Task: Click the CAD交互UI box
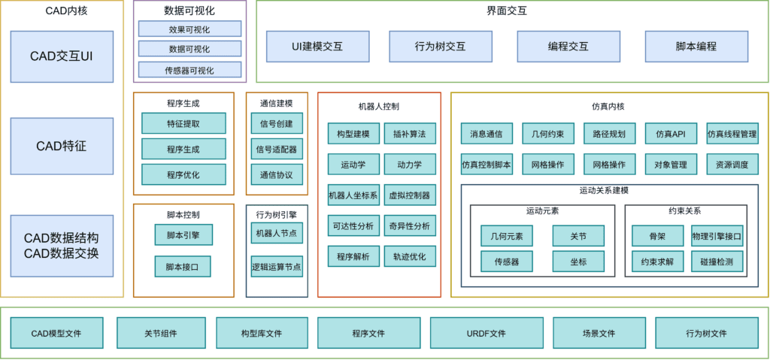point(62,56)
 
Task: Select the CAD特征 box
point(62,146)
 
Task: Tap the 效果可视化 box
point(189,29)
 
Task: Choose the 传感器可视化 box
point(189,70)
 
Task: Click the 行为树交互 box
point(440,47)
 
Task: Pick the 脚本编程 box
point(696,47)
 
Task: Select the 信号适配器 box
point(277,149)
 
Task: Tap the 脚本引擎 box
point(183,234)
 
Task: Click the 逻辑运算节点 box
point(277,266)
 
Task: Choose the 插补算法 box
point(409,134)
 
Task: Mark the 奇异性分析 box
point(409,225)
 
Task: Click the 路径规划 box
point(609,134)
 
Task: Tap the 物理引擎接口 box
point(717,236)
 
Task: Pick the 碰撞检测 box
point(717,262)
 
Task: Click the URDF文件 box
point(486,333)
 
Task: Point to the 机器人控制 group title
point(379,107)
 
